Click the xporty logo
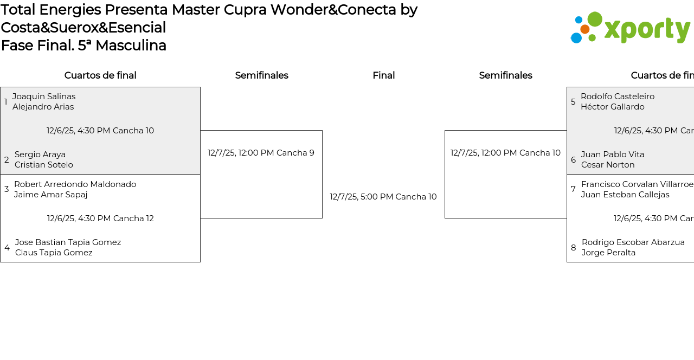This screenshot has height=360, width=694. pos(630,28)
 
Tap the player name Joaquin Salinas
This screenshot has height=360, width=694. pos(44,97)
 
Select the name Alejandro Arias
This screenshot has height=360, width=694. pos(43,107)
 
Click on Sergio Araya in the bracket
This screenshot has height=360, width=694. pos(40,155)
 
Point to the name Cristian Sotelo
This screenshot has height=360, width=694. pos(44,165)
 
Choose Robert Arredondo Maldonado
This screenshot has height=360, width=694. pos(75,184)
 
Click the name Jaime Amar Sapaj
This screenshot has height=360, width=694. pos(50,195)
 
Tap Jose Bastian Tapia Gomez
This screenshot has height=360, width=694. pos(68,242)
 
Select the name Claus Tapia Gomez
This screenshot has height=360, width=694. pos(54,253)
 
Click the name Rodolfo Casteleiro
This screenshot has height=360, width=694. pos(618,97)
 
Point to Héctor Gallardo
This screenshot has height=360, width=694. pos(613,107)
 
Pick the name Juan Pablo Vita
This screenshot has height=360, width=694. pos(613,155)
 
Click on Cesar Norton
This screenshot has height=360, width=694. pos(608,165)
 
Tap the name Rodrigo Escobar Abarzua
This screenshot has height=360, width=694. pos(633,242)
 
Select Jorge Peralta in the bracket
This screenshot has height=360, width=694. pos(608,253)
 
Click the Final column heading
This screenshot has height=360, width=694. pos(383,75)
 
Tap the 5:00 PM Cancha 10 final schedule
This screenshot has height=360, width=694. pos(383,197)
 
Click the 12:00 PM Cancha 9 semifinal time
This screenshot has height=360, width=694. pos(261,153)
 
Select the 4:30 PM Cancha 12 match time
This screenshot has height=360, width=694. pos(100,218)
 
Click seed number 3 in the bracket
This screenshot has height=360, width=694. pos(7,189)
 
